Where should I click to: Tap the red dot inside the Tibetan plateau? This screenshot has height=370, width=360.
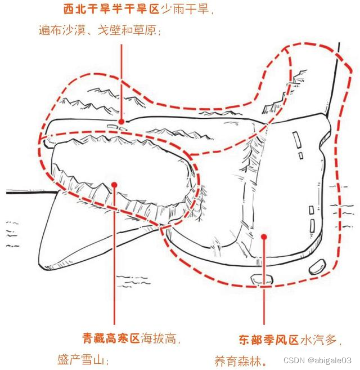pos(114,184)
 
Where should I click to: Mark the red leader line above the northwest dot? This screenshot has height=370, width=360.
pos(121,79)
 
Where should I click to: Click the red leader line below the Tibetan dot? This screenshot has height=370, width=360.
pos(114,259)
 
